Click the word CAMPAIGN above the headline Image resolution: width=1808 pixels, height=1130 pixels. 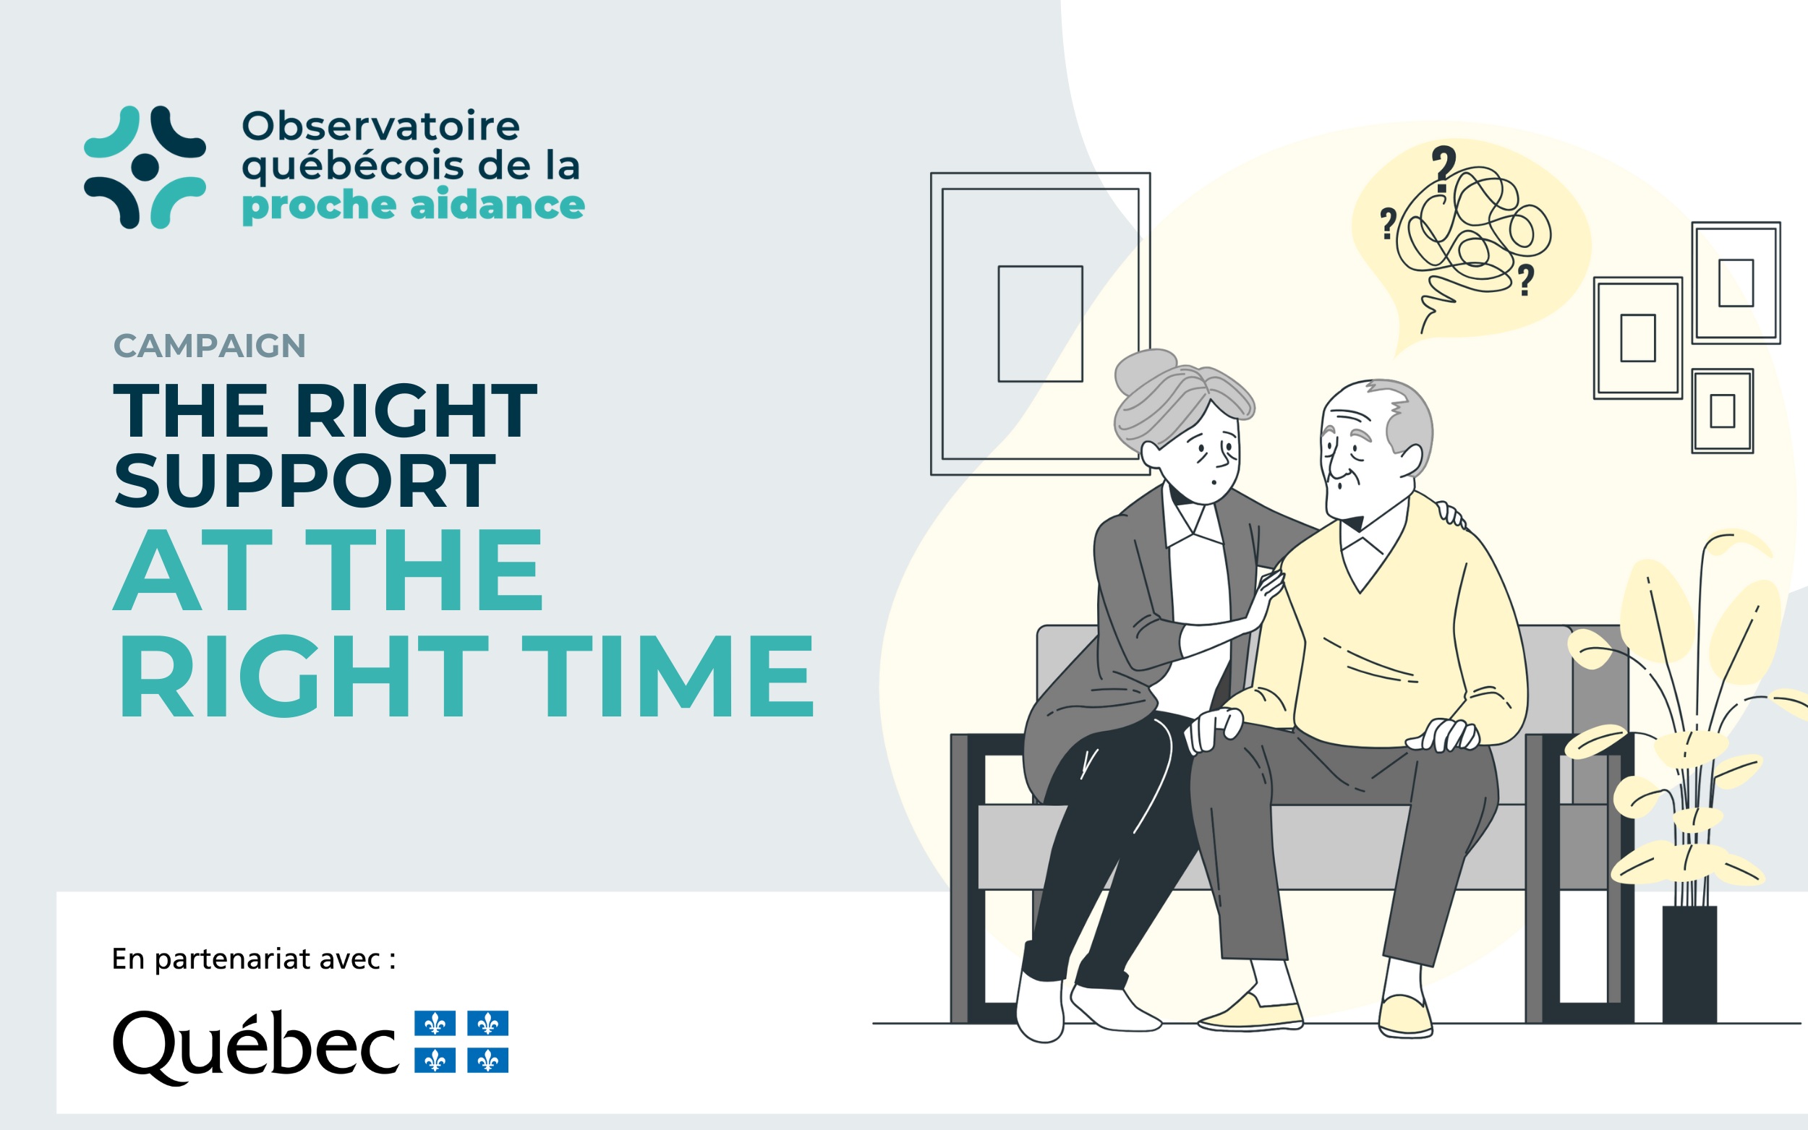click(x=209, y=346)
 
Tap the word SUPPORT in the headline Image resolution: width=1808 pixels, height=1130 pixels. click(x=305, y=481)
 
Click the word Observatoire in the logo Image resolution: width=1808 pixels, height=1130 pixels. click(x=380, y=126)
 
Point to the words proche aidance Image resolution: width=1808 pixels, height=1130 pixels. click(x=412, y=205)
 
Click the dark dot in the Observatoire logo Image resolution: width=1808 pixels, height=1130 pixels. click(x=145, y=168)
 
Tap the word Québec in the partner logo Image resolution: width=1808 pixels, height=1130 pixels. click(x=255, y=1045)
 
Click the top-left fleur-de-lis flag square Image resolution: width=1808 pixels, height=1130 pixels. click(x=435, y=1023)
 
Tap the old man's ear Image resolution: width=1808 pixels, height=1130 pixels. click(x=1410, y=459)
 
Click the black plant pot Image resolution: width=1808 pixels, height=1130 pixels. click(x=1689, y=964)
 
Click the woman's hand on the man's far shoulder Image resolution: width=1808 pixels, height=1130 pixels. click(x=1451, y=514)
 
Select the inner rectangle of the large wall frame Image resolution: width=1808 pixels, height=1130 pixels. click(x=1040, y=324)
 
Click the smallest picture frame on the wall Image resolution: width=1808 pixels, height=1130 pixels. click(x=1722, y=411)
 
